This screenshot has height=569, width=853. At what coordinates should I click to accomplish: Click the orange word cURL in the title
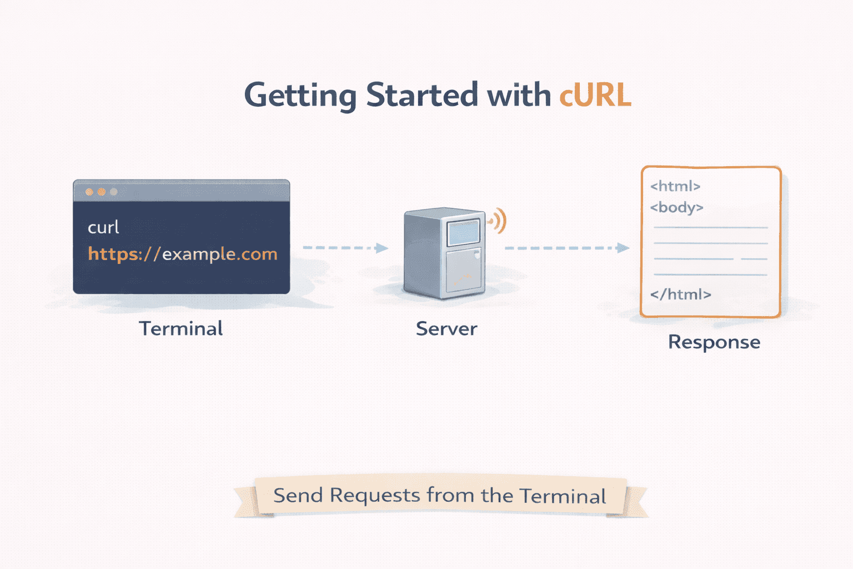click(595, 95)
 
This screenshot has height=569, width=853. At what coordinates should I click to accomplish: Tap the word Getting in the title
click(300, 96)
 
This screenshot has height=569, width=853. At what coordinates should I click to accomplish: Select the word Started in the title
click(422, 95)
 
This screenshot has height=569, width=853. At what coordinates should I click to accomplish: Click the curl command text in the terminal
click(103, 227)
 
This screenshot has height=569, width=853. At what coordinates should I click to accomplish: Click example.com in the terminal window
click(219, 254)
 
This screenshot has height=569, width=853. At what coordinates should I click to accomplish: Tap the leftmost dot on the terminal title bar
click(89, 192)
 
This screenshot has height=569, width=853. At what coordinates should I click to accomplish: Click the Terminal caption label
click(181, 328)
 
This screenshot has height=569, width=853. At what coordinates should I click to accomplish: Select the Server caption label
click(446, 329)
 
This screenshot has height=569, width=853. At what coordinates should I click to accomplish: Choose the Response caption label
click(714, 342)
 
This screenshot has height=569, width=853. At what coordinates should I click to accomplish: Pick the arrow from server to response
click(566, 248)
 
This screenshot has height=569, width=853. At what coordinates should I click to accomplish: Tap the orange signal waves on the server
click(499, 221)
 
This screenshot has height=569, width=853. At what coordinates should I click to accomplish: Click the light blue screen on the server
click(463, 232)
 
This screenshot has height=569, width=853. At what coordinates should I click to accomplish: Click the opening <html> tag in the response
click(675, 186)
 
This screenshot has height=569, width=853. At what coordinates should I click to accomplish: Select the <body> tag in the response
click(676, 208)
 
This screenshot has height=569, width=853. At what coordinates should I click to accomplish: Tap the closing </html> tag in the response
click(680, 295)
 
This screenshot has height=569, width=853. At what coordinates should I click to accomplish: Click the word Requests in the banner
click(375, 495)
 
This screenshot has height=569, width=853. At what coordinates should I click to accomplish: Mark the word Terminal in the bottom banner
click(563, 496)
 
